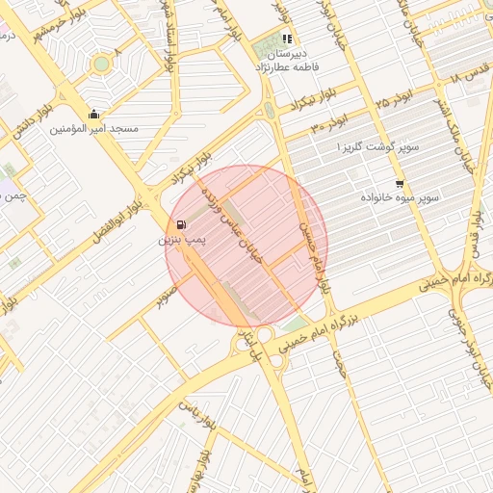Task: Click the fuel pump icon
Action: coord(184,225)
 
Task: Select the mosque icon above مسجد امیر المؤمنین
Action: coord(93,115)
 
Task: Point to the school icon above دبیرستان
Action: coord(287,39)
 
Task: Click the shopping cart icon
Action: coord(400,183)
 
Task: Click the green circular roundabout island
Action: coord(101,64)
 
